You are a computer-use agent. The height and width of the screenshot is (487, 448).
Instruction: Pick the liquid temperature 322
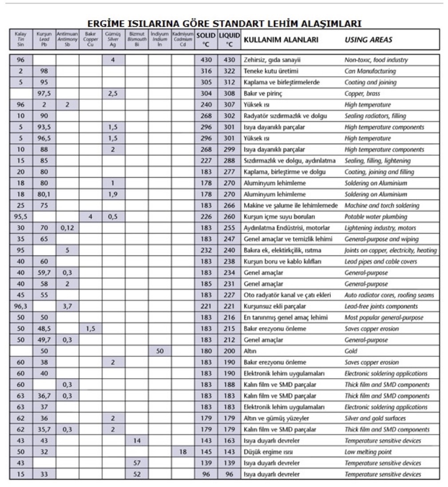[229, 71]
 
